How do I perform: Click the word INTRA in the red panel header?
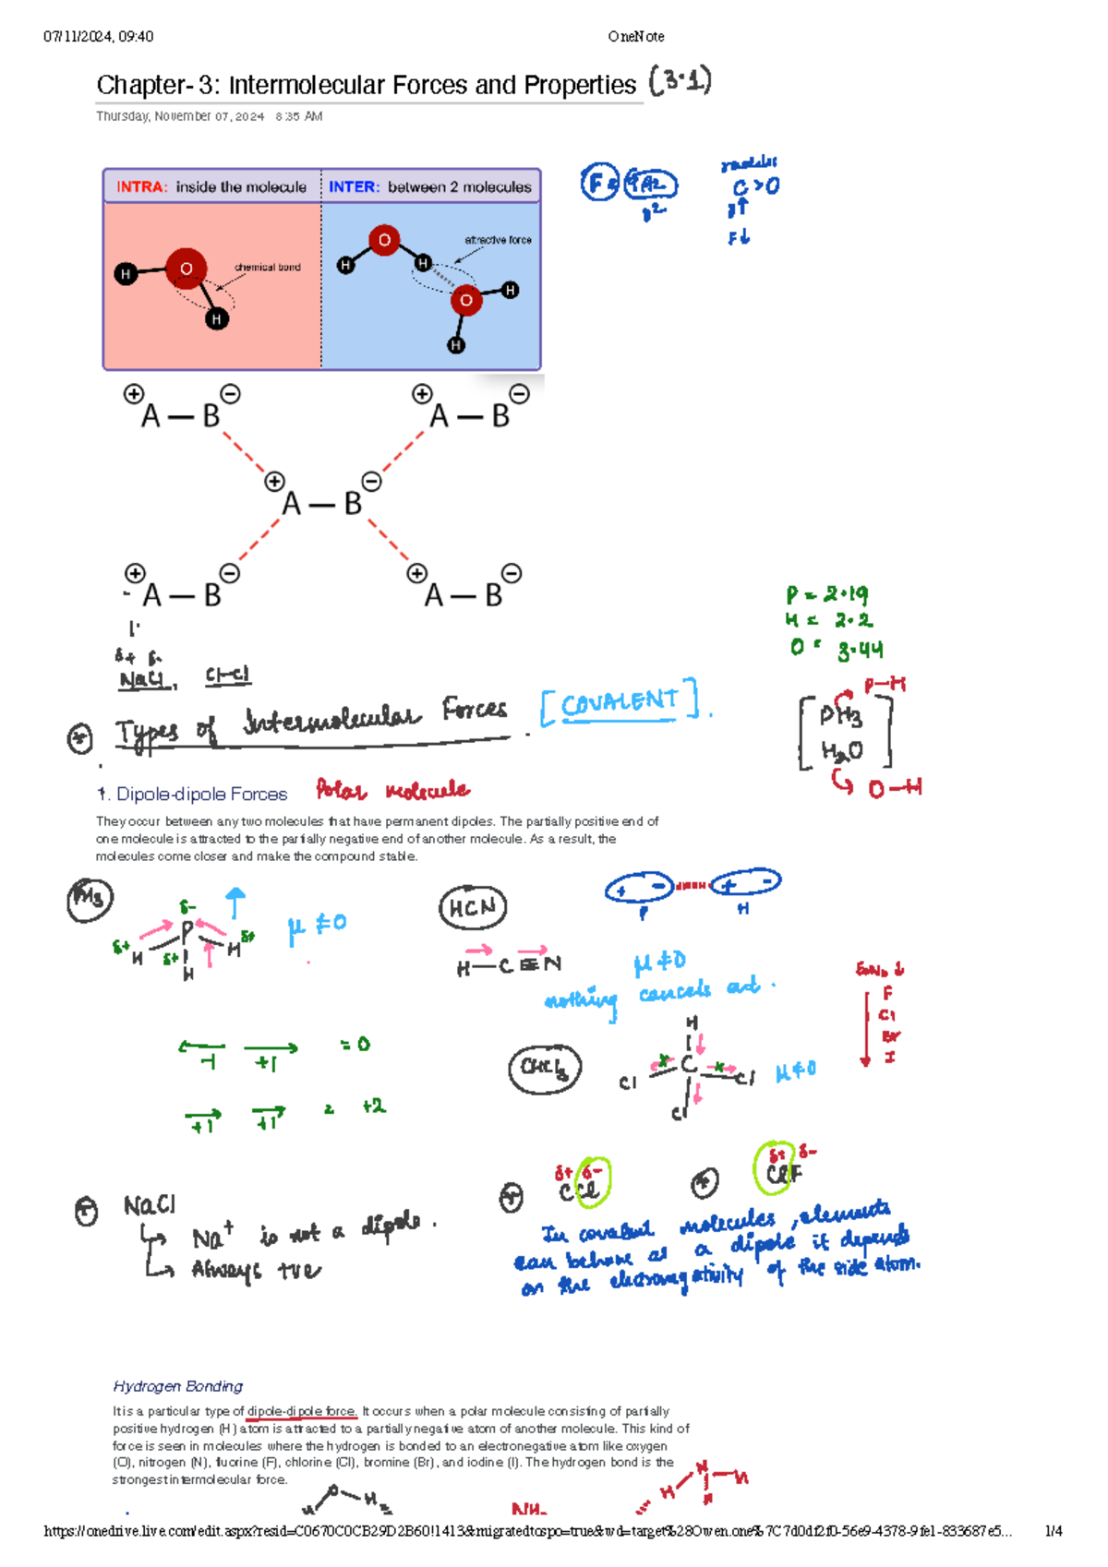pos(140,186)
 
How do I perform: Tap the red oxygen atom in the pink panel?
pos(186,269)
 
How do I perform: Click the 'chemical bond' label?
pos(267,268)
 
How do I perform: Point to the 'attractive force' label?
pos(498,240)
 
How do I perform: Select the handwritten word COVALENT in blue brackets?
pos(620,703)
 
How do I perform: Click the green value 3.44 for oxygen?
pos(860,651)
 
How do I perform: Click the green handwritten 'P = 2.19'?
pos(826,594)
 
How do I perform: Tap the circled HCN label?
pos(473,908)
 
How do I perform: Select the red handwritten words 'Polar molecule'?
pos(392,791)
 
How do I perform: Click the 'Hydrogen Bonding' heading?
pos(177,1386)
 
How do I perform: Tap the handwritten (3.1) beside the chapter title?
pos(680,82)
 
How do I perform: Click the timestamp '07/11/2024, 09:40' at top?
pos(98,37)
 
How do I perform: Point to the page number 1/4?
pos(1053,1531)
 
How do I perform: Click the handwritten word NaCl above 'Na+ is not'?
pos(150,1205)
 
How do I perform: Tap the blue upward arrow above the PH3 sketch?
pos(235,902)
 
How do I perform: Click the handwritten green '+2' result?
pos(373,1106)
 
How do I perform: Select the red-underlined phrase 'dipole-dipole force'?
pos(301,1411)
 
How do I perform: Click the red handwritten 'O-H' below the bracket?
pos(894,788)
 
